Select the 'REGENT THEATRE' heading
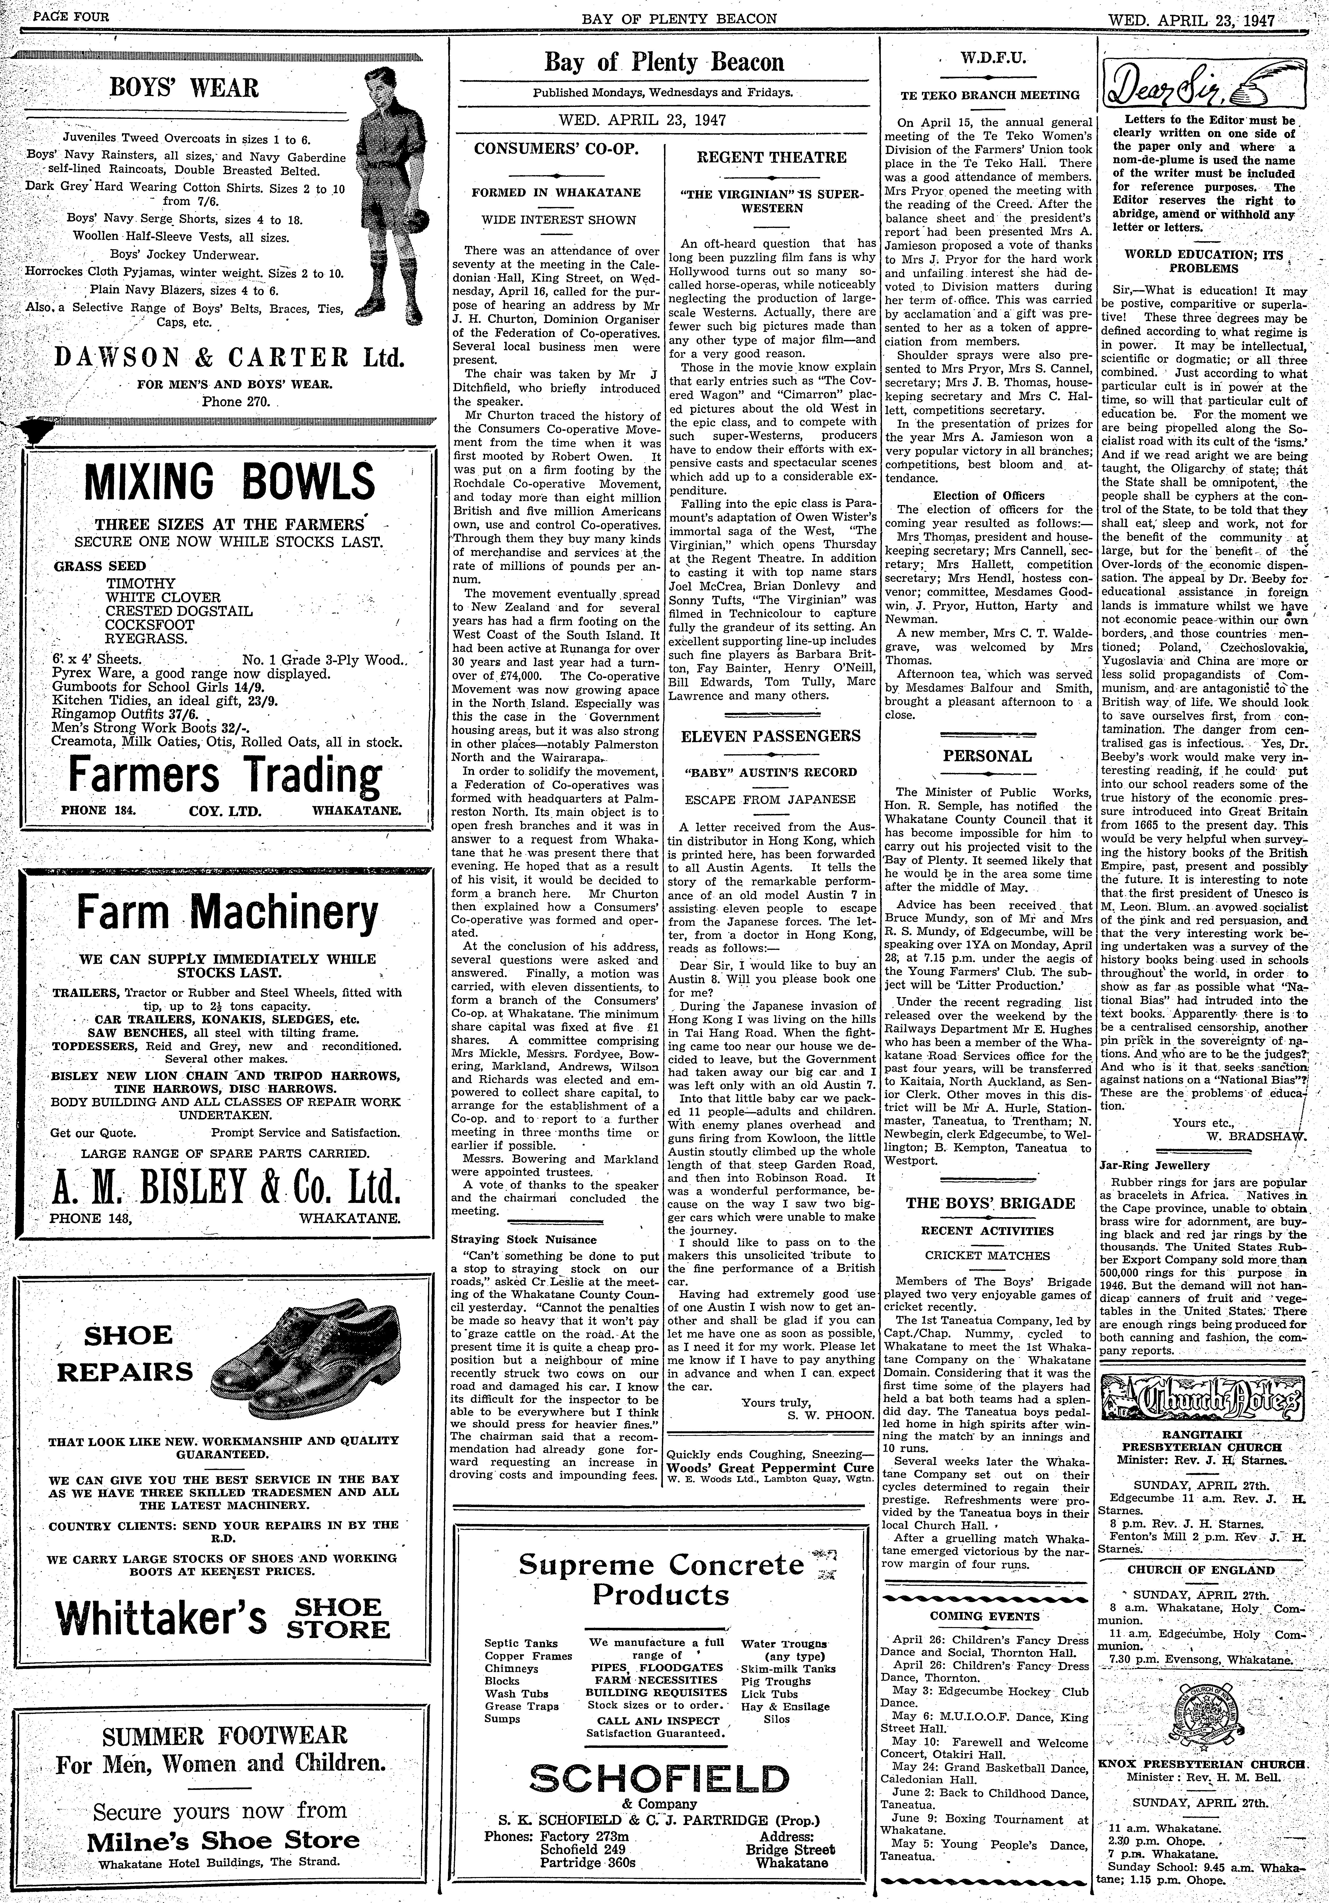pyautogui.click(x=771, y=157)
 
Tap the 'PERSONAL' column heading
pyautogui.click(x=987, y=756)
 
